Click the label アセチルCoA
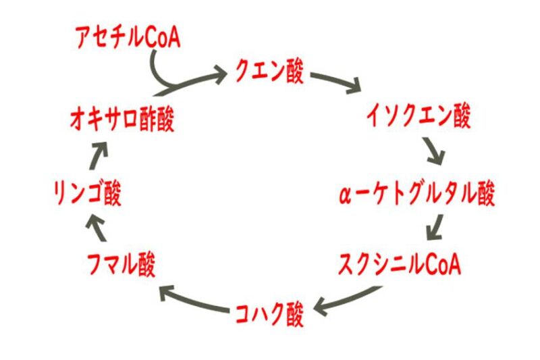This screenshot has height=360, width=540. (x=128, y=38)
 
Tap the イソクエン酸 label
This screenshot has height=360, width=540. (x=418, y=116)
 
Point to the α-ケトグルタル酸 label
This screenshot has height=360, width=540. (x=417, y=195)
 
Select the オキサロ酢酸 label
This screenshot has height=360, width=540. (x=122, y=121)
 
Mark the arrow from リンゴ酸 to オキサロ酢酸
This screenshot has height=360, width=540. (x=99, y=157)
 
